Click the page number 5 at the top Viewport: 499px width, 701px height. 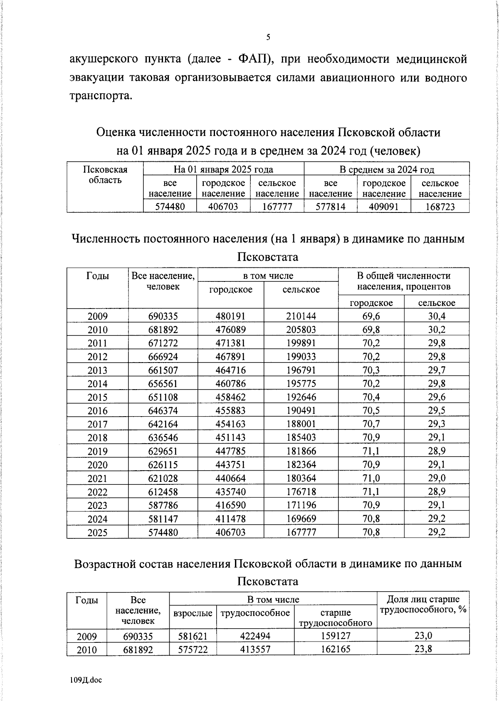click(x=268, y=37)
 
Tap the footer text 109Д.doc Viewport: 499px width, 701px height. click(x=86, y=680)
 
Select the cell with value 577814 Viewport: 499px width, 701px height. click(x=330, y=207)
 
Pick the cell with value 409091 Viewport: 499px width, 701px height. click(x=384, y=207)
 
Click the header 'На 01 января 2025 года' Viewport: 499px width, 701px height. click(x=223, y=169)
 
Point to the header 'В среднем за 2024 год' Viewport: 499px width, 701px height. click(x=387, y=169)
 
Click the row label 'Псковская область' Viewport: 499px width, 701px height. click(x=105, y=175)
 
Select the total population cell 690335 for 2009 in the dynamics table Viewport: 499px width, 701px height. click(x=163, y=316)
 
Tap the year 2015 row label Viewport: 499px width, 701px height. click(x=97, y=397)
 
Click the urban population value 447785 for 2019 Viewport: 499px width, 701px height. click(x=230, y=451)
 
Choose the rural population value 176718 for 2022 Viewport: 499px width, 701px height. click(x=301, y=492)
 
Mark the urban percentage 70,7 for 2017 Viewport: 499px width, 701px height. click(x=371, y=424)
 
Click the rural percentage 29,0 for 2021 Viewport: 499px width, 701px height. click(x=437, y=478)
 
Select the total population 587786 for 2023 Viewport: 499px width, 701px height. click(x=163, y=505)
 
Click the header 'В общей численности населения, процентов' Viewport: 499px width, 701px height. click(x=404, y=281)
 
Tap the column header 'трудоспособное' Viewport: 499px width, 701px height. click(x=255, y=613)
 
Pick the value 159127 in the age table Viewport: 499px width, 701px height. click(x=335, y=636)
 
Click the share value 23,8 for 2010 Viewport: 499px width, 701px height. click(x=423, y=649)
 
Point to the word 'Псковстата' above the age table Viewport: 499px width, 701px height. click(x=268, y=581)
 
